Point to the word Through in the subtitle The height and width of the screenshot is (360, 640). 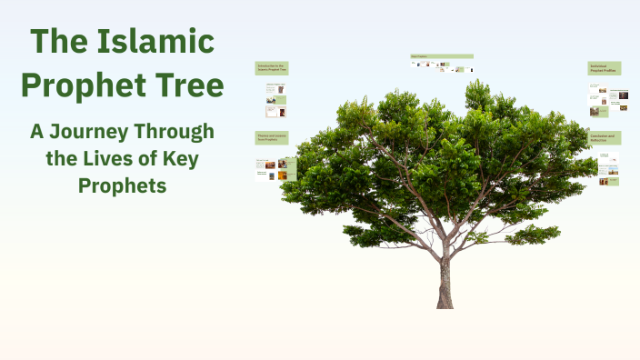[x=177, y=132]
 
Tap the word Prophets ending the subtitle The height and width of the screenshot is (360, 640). [x=122, y=186]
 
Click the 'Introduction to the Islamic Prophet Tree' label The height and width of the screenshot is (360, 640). [x=272, y=67]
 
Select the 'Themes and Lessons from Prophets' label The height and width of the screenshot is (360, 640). [x=272, y=137]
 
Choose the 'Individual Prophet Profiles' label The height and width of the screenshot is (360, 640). [x=604, y=68]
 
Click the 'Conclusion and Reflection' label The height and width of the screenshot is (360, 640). [x=604, y=137]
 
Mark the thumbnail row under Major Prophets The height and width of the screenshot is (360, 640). [x=441, y=65]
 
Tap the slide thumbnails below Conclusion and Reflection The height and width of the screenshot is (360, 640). [x=607, y=169]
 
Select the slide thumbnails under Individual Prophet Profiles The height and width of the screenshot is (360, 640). [x=607, y=100]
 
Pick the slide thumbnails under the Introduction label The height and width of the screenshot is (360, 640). [x=275, y=100]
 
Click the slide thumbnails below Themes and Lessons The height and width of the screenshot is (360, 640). [x=272, y=169]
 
